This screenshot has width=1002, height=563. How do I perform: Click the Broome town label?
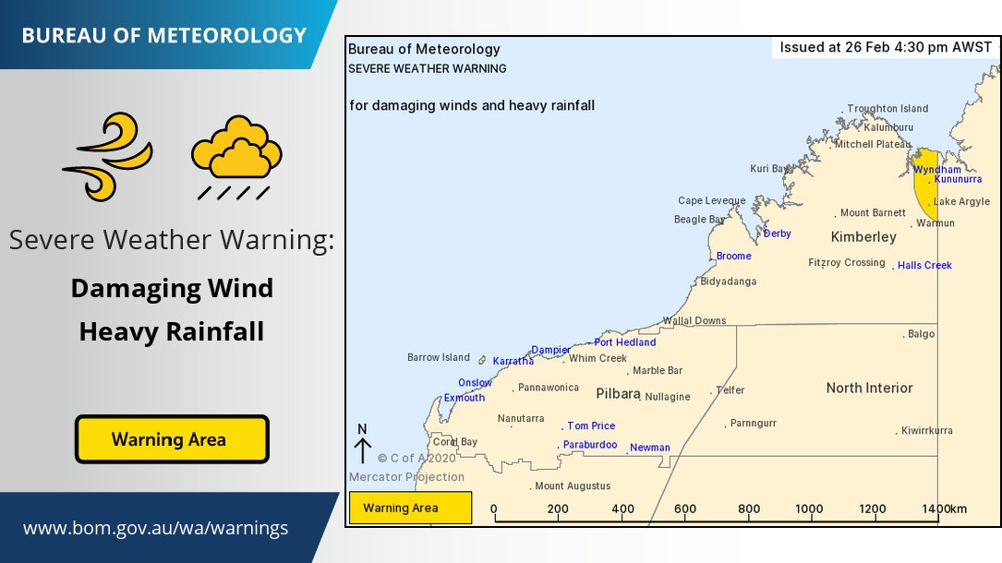coord(734,256)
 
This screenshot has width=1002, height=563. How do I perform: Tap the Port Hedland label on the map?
coord(625,342)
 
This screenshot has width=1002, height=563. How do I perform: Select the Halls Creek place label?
coord(924,266)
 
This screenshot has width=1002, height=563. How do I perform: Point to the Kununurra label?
coord(959,179)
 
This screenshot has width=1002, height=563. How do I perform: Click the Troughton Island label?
coord(887,109)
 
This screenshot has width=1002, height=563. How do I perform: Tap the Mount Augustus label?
coord(573,486)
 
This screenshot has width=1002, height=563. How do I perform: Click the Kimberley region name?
coord(863,237)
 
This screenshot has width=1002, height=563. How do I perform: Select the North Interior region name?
coord(869,389)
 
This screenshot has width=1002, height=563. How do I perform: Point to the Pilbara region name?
coord(618,393)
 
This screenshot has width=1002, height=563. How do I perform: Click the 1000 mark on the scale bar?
coord(809,509)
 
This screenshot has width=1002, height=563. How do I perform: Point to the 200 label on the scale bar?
coord(558,509)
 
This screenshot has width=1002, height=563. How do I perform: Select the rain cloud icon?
coord(236,155)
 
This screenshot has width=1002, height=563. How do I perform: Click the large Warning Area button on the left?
coord(172,439)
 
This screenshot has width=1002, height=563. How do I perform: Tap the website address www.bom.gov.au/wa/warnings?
coord(155,529)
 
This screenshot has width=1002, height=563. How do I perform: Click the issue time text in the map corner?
coord(886,47)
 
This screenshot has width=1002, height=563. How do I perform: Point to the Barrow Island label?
coord(439,357)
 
